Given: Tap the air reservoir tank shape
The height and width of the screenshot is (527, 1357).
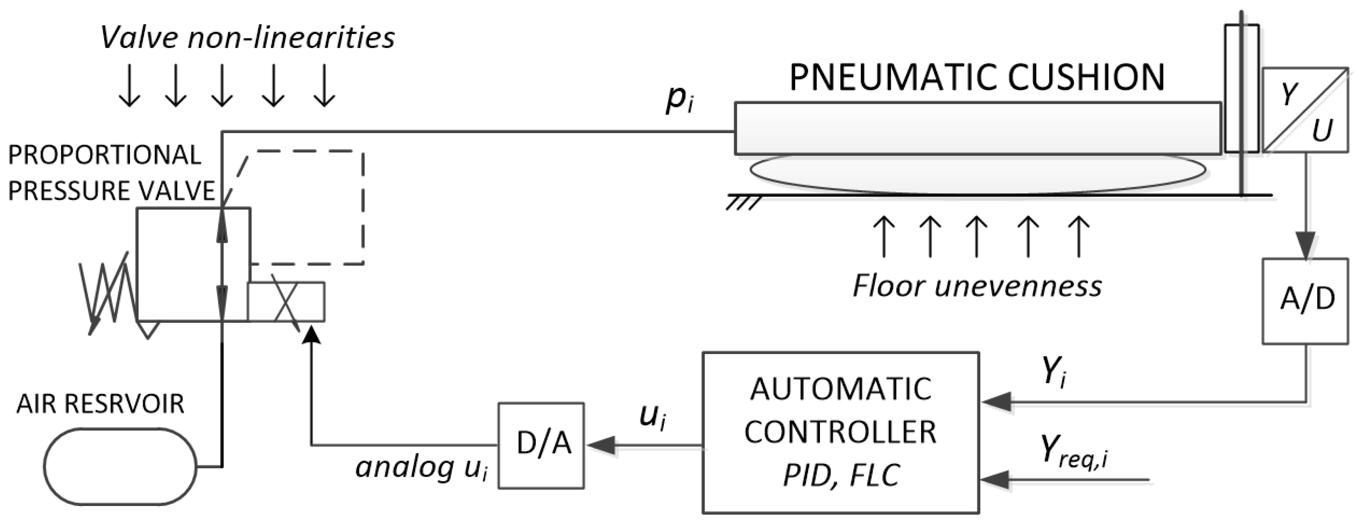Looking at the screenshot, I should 120,467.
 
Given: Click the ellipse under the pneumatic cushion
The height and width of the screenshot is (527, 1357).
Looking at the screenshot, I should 977,171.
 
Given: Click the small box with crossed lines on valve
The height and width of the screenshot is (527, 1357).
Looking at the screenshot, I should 286,302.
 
